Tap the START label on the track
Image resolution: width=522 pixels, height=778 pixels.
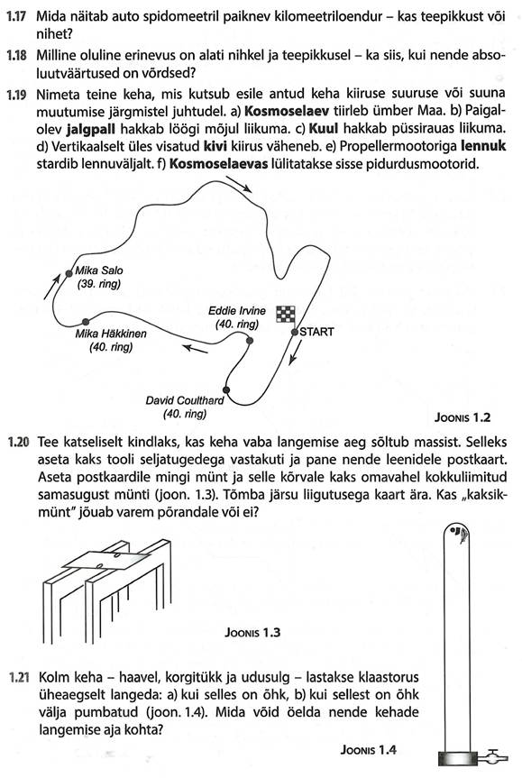click(316, 332)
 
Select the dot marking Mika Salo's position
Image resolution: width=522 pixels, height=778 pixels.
click(69, 273)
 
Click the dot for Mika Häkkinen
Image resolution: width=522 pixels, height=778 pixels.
click(86, 322)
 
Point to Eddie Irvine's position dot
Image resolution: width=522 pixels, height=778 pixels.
click(250, 341)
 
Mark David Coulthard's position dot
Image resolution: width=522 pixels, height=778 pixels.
click(226, 389)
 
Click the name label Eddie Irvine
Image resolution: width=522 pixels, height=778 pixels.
click(237, 311)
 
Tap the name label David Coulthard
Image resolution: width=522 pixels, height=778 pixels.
click(185, 400)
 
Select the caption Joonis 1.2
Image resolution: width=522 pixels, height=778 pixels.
click(462, 417)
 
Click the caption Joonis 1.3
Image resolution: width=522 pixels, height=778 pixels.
click(252, 632)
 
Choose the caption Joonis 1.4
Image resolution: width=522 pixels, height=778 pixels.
click(368, 750)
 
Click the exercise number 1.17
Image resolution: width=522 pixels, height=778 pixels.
click(16, 16)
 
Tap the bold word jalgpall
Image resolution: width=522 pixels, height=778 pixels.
click(90, 129)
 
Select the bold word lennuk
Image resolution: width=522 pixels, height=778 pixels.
click(483, 146)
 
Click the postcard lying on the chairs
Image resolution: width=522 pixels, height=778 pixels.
click(106, 560)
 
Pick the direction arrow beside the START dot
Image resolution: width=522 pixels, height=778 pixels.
click(295, 352)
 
